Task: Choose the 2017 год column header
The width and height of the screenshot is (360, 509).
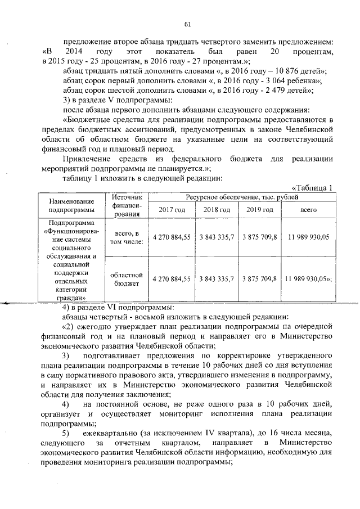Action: coord(172,210)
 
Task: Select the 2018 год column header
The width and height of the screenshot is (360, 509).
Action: coord(217,210)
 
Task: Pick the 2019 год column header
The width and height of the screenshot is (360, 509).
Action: coord(259,210)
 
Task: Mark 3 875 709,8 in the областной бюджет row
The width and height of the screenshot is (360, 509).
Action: coord(259,280)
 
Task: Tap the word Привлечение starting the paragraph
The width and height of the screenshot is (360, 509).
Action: coord(85,159)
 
